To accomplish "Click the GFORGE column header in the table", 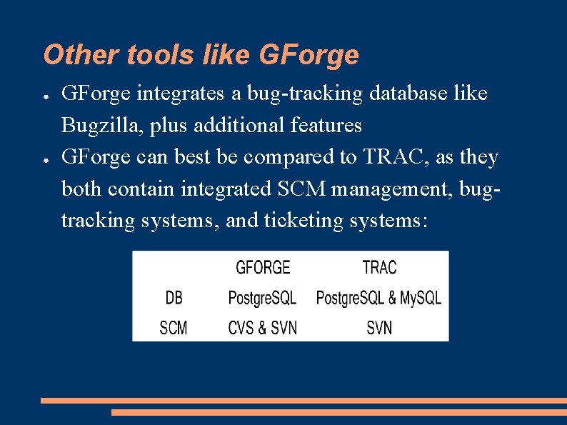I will click(263, 268).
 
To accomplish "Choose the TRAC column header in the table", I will click(379, 268).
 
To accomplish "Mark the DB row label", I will click(174, 297).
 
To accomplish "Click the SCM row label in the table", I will click(174, 328).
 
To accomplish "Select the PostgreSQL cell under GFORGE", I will click(262, 297).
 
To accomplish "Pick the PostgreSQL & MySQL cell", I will click(378, 297).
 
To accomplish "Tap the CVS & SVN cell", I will click(262, 328).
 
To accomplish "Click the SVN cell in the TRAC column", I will click(379, 328).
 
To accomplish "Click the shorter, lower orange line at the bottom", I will click(338, 412).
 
